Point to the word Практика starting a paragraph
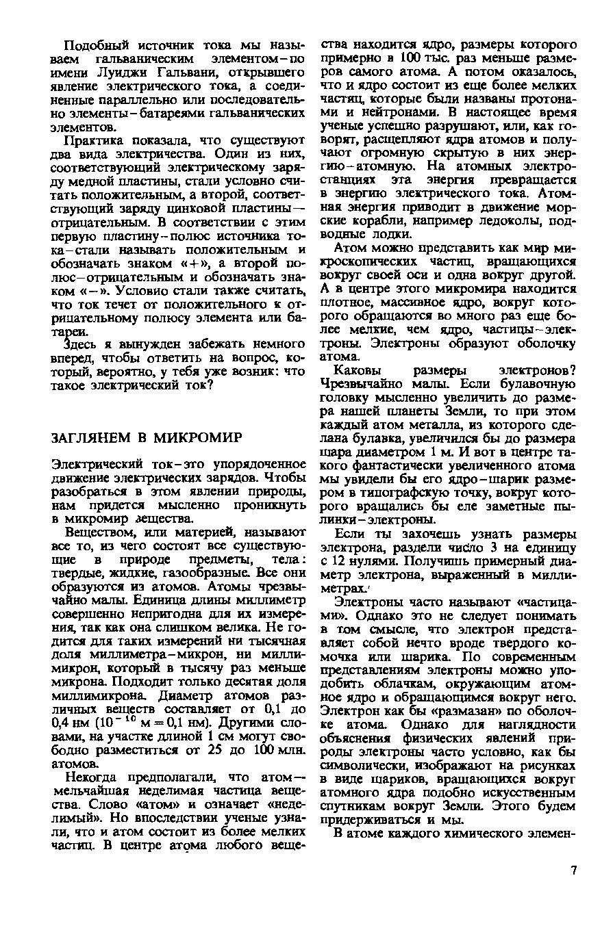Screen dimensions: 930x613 coord(91,140)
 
